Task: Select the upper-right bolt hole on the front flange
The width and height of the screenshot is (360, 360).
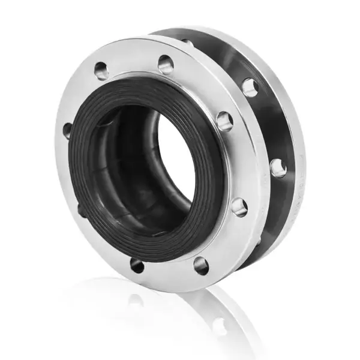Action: click(224, 121)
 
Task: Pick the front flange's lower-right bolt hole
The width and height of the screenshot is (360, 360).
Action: click(239, 207)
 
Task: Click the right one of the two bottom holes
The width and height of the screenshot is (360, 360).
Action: click(201, 265)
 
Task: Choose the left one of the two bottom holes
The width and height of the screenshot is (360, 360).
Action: click(137, 265)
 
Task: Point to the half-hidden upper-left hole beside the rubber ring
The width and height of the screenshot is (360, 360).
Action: click(67, 130)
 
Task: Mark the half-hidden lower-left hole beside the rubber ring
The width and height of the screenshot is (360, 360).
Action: click(80, 210)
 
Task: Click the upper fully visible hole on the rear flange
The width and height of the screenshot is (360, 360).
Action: click(250, 88)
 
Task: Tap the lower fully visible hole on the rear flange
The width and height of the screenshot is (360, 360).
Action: click(278, 168)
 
